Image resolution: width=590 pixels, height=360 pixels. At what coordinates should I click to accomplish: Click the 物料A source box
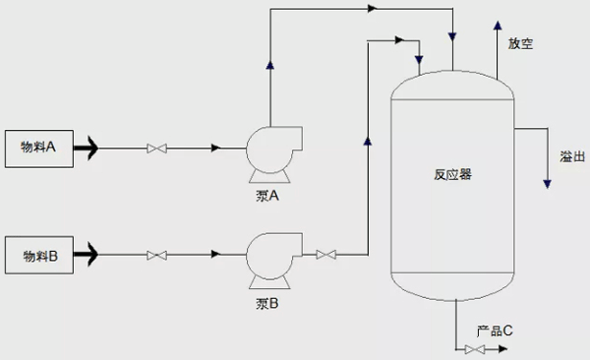39,150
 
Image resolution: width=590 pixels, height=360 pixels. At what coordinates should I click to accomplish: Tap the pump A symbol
267,150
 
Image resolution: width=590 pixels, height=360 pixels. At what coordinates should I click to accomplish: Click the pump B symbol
267,256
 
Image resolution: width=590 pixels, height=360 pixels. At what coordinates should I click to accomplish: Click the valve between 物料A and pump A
155,150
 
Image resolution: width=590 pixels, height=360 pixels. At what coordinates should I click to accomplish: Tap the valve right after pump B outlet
325,256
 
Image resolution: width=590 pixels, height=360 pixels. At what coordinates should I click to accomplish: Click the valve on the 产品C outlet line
475,349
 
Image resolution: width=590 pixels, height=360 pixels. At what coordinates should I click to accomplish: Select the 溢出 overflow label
572,156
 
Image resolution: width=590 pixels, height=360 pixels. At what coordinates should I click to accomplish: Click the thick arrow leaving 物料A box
86,150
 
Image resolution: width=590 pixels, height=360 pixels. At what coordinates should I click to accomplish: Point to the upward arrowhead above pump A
269,66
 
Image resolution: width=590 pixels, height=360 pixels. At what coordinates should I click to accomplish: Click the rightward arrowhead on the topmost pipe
372,9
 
